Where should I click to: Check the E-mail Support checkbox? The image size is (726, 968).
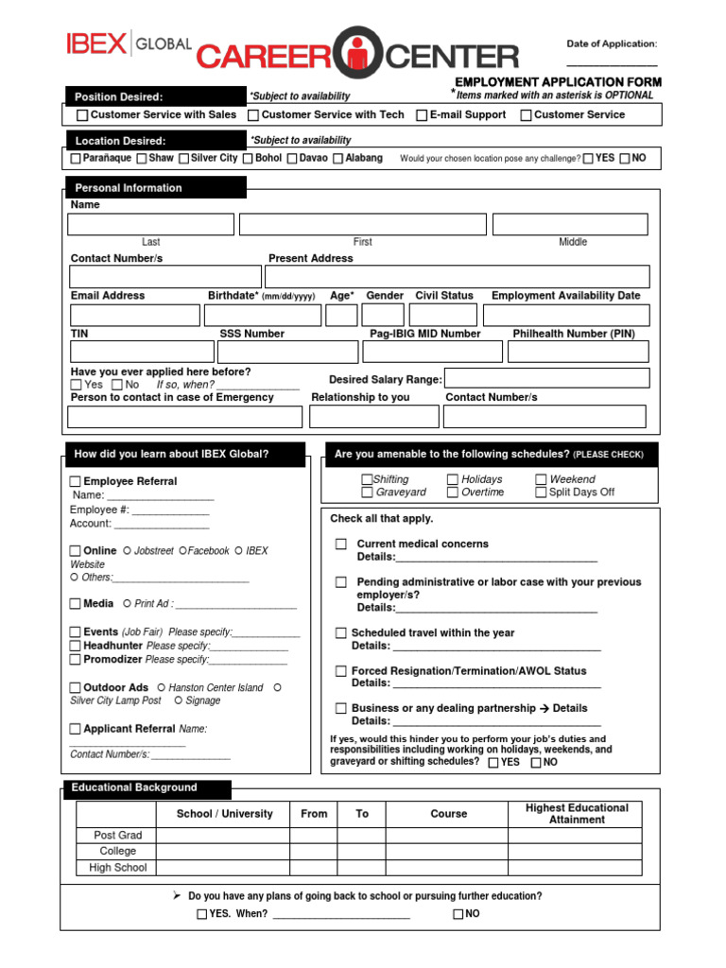[422, 115]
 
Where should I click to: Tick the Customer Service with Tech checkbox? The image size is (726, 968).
[253, 115]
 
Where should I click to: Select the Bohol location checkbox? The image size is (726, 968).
[248, 159]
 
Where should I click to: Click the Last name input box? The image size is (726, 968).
[150, 224]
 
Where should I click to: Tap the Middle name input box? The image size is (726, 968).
[570, 224]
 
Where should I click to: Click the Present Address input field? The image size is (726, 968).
[458, 276]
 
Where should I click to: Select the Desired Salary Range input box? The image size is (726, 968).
[547, 378]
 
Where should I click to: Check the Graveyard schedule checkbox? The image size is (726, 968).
[367, 493]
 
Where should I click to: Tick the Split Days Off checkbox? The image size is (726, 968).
[541, 493]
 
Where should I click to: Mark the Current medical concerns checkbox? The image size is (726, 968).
[340, 544]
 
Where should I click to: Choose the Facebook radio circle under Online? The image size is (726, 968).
[182, 551]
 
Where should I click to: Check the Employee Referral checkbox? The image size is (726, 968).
[76, 482]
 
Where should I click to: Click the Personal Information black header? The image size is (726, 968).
[156, 188]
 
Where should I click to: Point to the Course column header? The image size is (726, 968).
[449, 814]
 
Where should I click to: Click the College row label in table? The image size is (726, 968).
[117, 851]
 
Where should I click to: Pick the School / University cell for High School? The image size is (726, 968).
[223, 867]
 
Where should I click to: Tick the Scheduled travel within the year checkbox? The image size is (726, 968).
[340, 633]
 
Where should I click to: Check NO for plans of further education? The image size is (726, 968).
[458, 914]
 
